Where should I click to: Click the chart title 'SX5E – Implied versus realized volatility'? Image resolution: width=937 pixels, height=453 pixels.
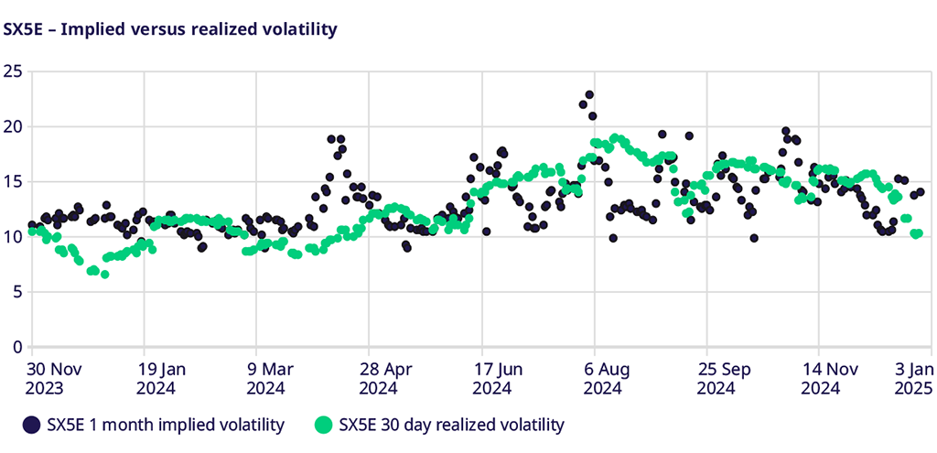tap(171, 29)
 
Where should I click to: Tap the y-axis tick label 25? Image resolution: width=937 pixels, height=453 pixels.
tap(13, 70)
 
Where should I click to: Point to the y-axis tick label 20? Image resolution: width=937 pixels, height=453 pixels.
tap(13, 126)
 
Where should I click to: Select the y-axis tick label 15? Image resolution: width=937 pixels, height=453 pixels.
tap(13, 181)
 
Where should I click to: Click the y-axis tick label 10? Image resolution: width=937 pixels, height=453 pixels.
tap(13, 237)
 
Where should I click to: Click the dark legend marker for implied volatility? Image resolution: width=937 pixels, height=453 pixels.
tap(32, 425)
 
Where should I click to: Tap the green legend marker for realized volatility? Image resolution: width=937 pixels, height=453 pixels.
tap(322, 425)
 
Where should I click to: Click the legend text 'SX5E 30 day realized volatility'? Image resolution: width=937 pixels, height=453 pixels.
tap(451, 425)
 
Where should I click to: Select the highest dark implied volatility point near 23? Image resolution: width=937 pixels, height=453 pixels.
tap(590, 95)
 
